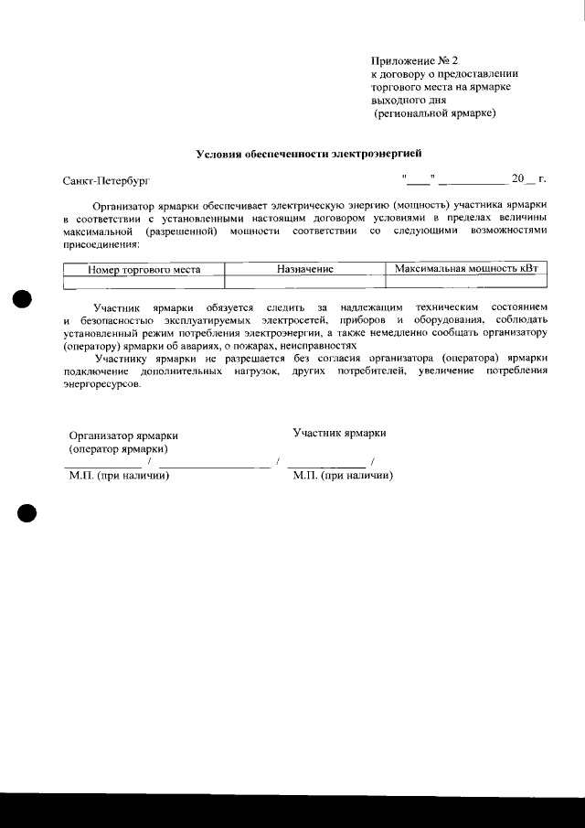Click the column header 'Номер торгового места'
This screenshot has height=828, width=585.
tap(144, 270)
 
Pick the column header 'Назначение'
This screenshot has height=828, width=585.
tap(304, 270)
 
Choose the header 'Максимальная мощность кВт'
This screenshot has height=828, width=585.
tap(465, 270)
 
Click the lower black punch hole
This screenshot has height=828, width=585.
tap(25, 513)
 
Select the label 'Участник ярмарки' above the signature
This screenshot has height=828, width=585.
tap(339, 432)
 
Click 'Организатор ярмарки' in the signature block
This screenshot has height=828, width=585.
tap(123, 436)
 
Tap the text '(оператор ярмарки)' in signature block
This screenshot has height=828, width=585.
tap(118, 449)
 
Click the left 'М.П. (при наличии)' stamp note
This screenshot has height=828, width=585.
tap(120, 476)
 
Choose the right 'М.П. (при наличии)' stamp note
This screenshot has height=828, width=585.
tap(343, 476)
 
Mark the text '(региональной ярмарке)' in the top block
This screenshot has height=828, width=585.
tap(434, 113)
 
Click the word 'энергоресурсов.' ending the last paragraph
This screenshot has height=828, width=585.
tap(102, 386)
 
